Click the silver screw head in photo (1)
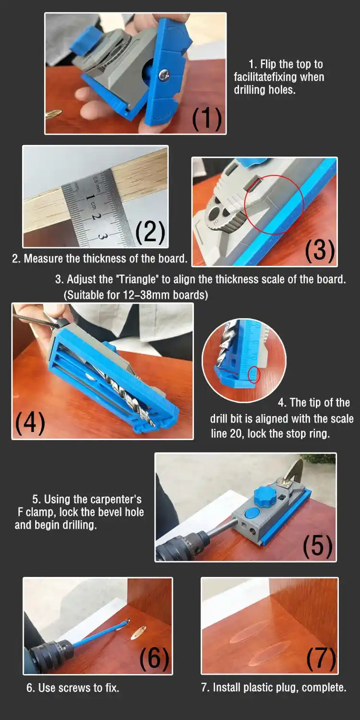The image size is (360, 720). [x=164, y=74]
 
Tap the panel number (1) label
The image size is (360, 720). [x=207, y=119]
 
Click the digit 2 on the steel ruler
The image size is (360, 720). [x=94, y=216]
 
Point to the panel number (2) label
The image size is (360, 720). [x=150, y=232]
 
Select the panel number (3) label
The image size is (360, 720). [x=320, y=251]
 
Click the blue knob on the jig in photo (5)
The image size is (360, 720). [x=265, y=498]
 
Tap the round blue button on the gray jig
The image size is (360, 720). [x=250, y=513]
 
